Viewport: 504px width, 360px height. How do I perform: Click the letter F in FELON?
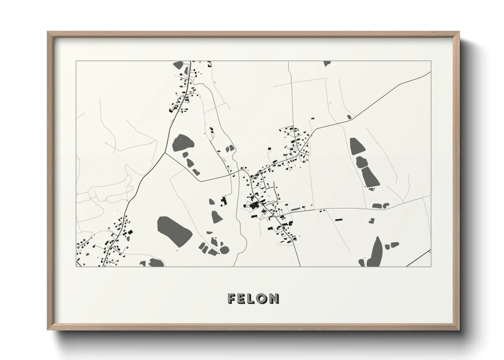click(232, 299)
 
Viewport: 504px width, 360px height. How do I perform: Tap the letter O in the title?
click(262, 299)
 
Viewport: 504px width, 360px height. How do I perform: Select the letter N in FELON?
click(274, 299)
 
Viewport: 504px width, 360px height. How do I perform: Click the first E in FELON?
click(242, 299)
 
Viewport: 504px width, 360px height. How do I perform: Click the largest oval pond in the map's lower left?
click(174, 230)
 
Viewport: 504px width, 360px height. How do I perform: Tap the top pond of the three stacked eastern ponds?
click(357, 146)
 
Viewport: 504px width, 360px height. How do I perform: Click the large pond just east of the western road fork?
click(183, 143)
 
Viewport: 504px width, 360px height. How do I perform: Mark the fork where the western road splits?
click(165, 152)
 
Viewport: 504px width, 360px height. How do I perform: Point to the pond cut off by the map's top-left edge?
click(178, 64)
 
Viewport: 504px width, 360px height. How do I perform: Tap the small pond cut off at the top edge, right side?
click(327, 63)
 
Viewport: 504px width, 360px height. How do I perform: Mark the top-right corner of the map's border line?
click(431, 61)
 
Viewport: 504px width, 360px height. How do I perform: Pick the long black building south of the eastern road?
click(338, 220)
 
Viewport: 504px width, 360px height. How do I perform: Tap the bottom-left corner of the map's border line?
click(76, 266)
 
